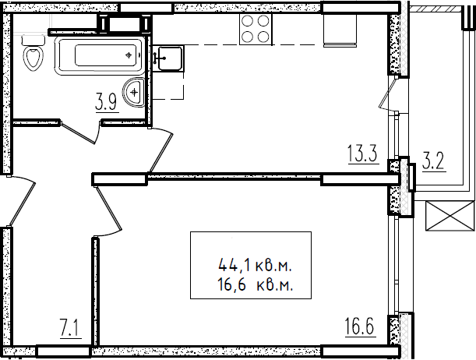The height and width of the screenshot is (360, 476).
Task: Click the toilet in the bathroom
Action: pyautogui.click(x=33, y=53)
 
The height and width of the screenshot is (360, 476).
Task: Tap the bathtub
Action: pyautogui.click(x=100, y=55)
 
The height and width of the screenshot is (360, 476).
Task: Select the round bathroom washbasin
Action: pyautogui.click(x=134, y=92)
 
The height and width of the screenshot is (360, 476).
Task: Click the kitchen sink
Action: pyautogui.click(x=167, y=58)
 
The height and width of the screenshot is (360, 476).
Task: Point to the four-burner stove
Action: pyautogui.click(x=256, y=30)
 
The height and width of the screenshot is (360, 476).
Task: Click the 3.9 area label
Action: pyautogui.click(x=106, y=104)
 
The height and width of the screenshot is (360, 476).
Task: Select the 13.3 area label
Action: pyautogui.click(x=363, y=154)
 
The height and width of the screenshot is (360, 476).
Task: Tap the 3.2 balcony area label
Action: pyautogui.click(x=433, y=162)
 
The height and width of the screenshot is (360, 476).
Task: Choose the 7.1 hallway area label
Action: pyautogui.click(x=71, y=329)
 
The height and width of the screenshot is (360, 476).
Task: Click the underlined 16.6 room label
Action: pyautogui.click(x=360, y=327)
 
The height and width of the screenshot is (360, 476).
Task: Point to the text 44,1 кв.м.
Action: pyautogui.click(x=255, y=266)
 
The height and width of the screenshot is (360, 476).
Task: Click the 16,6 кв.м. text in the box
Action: pyautogui.click(x=255, y=285)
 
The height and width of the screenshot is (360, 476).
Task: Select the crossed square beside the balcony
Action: pyautogui.click(x=450, y=216)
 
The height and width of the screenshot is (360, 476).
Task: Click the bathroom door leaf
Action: pyautogui.click(x=77, y=132)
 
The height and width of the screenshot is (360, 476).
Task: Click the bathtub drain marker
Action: pyautogui.click(x=130, y=55)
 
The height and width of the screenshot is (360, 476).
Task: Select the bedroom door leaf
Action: pyautogui.click(x=108, y=208)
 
